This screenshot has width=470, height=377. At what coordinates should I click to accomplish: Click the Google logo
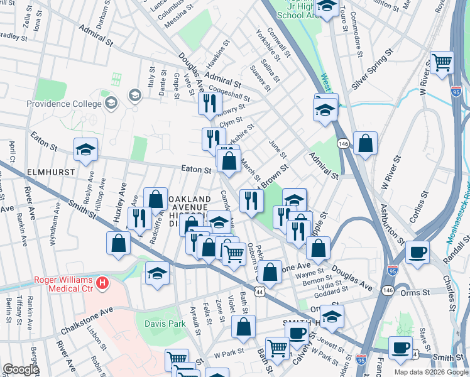[x=21, y=369]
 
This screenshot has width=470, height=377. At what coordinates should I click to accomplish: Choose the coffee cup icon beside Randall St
[x=416, y=252]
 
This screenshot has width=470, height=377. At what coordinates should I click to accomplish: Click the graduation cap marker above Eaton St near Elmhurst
[x=86, y=150]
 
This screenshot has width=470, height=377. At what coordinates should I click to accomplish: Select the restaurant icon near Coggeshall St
[x=209, y=103]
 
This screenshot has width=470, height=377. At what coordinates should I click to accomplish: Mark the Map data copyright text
[x=430, y=371]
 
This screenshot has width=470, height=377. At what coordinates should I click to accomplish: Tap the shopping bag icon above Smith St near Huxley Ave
[x=118, y=244]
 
